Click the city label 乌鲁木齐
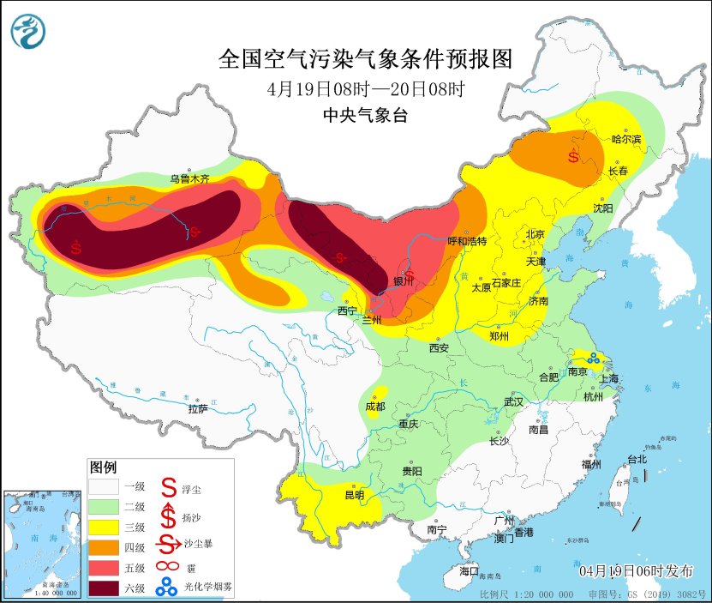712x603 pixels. point(188,179)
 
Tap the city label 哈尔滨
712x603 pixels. point(625,139)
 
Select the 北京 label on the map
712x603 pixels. point(535,233)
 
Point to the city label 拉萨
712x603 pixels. point(198,409)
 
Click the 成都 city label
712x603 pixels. point(375,406)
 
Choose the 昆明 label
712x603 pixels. point(353,495)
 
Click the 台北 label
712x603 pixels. point(637,459)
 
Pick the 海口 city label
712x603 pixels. point(469,570)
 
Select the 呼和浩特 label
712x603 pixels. point(467,241)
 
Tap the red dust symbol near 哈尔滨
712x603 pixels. point(572,156)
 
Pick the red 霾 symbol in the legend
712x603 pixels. point(167,566)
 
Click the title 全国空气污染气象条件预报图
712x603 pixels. point(365,59)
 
